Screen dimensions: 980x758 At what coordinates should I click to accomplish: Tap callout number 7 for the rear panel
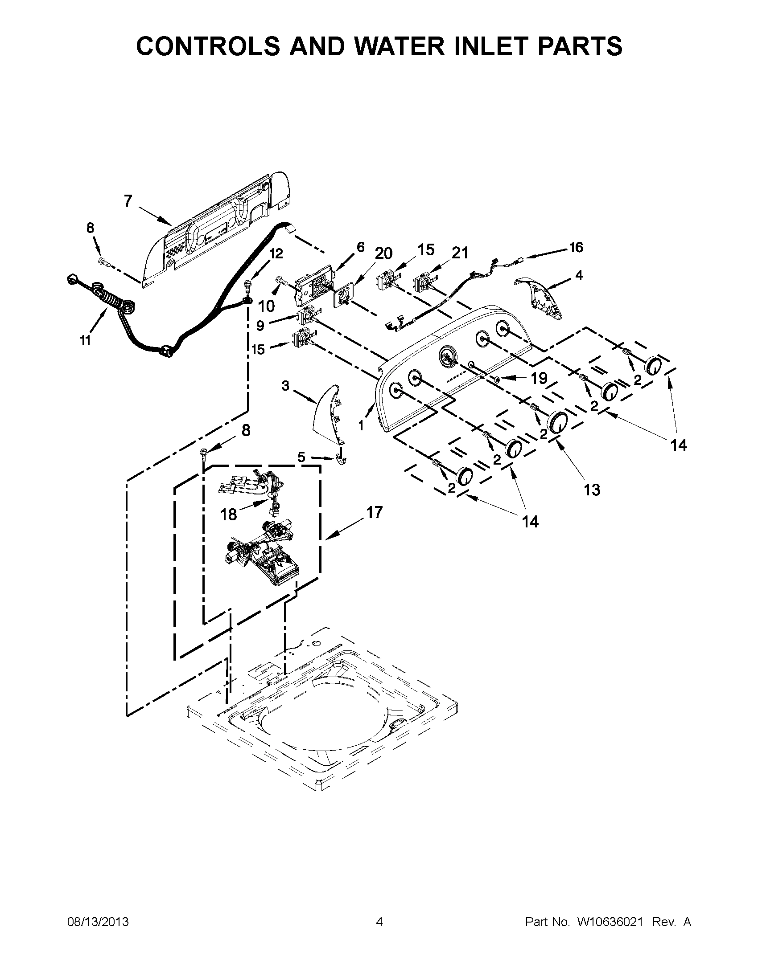coord(128,201)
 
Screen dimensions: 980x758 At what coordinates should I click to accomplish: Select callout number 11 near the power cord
coord(85,341)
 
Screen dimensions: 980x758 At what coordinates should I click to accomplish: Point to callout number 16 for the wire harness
coord(576,247)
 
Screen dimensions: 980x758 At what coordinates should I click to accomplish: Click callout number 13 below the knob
coord(592,490)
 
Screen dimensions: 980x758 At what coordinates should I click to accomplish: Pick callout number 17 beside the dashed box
coord(374,512)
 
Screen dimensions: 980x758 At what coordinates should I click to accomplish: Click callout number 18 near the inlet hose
coord(229,514)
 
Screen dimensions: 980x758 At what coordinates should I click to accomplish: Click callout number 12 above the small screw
coord(276,254)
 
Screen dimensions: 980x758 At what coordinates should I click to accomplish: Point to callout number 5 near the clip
coord(301,457)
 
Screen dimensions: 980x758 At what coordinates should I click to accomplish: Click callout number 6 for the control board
coord(361,247)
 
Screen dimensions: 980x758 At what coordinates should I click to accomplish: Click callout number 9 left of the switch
coord(260,326)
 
